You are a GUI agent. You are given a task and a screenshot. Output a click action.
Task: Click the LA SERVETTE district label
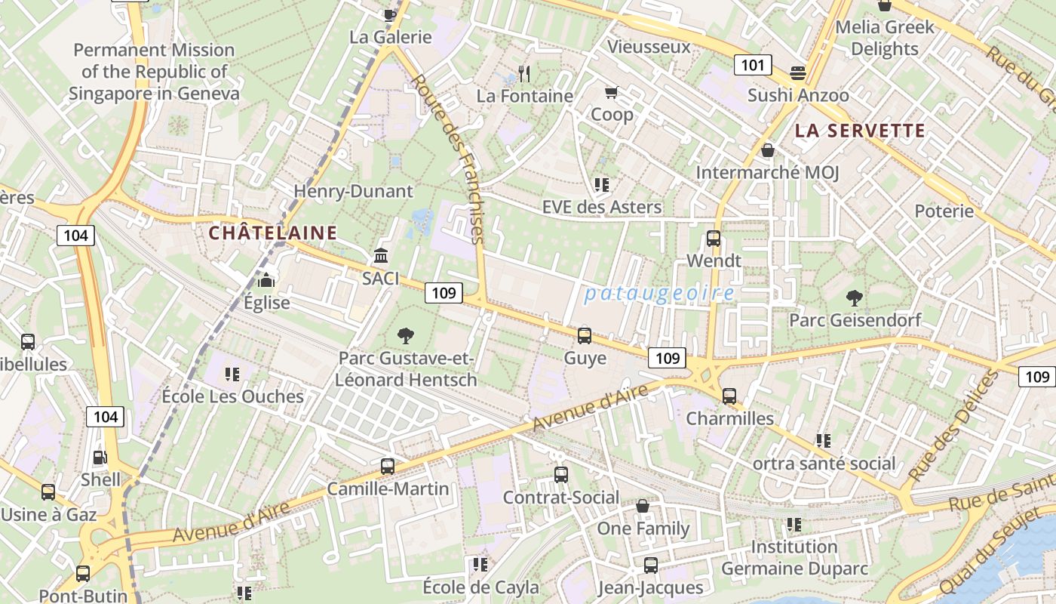point(860,131)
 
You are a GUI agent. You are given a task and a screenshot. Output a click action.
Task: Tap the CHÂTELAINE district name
point(272,233)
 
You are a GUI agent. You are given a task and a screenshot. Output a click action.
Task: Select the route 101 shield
point(752,65)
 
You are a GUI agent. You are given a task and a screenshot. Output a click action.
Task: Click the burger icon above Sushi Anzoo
point(798,73)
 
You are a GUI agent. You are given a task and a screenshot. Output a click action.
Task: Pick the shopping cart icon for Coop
point(611,93)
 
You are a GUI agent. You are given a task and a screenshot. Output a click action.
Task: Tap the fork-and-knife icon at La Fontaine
point(525,74)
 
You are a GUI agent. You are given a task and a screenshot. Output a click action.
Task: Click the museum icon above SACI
point(381,256)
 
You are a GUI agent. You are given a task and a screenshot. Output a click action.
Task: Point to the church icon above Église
point(266,281)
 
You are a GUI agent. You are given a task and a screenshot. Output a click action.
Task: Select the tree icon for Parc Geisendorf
point(855,298)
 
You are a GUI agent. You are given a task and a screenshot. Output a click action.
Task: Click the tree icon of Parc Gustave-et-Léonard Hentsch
point(406,336)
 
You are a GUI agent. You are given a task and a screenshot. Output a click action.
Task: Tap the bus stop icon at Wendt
point(714,239)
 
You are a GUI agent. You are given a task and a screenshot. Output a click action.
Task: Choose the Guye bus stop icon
point(585,336)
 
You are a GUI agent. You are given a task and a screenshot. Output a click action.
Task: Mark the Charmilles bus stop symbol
point(729,396)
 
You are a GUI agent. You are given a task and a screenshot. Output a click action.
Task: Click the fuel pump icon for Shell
point(100,458)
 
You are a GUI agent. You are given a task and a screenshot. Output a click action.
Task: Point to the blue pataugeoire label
point(659,294)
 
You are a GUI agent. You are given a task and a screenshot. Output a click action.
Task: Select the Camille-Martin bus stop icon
point(388,467)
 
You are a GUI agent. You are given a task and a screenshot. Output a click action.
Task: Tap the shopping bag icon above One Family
point(643,506)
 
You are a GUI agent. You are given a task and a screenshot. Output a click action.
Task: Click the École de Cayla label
point(480,587)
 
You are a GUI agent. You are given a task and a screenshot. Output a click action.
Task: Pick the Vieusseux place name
point(649,47)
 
